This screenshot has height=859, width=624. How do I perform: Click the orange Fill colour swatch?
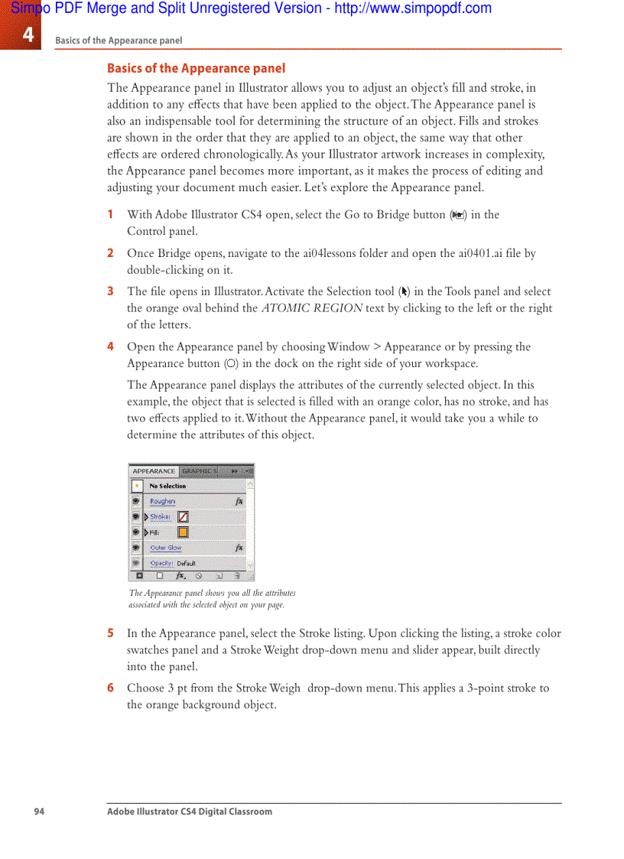tap(184, 532)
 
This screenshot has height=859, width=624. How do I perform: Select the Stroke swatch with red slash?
tap(184, 517)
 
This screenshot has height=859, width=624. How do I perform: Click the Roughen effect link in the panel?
tap(162, 502)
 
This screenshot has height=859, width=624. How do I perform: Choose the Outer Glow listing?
tap(165, 548)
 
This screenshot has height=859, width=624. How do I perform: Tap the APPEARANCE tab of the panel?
tap(154, 471)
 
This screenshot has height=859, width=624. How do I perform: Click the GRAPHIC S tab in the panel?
tap(199, 471)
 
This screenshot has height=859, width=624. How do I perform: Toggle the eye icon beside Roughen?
tap(136, 502)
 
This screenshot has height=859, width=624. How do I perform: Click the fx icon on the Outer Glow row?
tap(239, 548)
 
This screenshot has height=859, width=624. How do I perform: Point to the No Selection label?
tap(167, 486)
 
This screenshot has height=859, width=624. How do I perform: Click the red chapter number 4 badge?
tap(27, 34)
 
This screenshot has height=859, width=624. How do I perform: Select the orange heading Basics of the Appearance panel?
tap(196, 68)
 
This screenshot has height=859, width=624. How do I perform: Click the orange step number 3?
tap(110, 291)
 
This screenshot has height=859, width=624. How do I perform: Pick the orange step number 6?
tap(110, 688)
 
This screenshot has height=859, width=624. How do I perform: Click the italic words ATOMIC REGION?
tap(312, 308)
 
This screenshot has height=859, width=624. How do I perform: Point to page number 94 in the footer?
tap(39, 812)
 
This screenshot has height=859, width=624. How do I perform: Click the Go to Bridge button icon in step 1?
tap(457, 216)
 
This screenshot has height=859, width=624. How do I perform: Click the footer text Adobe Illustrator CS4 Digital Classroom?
tap(189, 812)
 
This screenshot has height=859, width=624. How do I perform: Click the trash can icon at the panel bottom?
tap(238, 576)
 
